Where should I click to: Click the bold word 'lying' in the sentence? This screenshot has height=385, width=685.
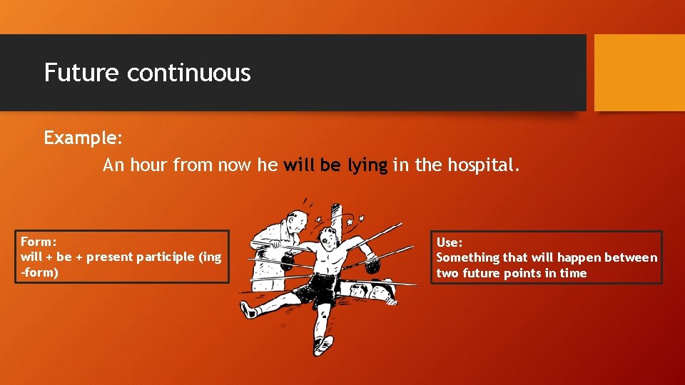tap(367, 165)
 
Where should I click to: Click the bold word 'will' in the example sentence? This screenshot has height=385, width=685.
tap(299, 165)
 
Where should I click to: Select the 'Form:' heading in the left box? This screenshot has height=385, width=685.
tap(39, 242)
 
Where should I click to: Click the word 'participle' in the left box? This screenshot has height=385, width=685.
tap(162, 257)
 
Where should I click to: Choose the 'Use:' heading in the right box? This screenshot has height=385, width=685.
tap(450, 242)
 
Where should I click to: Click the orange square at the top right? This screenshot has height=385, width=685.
tap(639, 73)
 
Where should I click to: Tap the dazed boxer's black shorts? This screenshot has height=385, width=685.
tap(319, 287)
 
